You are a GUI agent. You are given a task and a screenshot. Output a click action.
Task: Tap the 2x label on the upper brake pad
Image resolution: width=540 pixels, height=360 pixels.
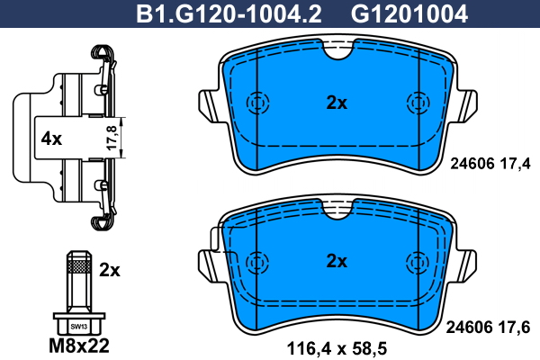[x=336, y=103]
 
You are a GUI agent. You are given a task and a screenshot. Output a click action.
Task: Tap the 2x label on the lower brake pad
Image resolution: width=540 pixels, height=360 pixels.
[x=336, y=261]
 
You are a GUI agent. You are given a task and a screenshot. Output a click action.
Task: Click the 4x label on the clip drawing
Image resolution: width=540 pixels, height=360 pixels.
[x=51, y=139]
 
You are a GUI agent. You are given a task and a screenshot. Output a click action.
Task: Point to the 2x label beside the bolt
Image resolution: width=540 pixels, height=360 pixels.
[x=109, y=269]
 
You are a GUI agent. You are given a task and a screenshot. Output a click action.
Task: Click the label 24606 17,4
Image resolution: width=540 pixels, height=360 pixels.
[x=490, y=163]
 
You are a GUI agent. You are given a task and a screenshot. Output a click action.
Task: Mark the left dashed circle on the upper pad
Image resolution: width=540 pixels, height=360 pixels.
[x=257, y=102]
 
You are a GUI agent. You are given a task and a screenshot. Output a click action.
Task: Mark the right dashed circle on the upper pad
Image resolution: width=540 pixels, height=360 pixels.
[x=415, y=102]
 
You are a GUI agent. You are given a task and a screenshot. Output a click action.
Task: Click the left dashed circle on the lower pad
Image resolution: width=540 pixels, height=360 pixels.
[x=257, y=260]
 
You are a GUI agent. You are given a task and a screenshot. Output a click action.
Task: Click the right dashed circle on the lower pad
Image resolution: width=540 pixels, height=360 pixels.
[x=415, y=260]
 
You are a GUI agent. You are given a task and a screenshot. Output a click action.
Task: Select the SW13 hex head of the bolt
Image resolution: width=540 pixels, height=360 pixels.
[x=79, y=325]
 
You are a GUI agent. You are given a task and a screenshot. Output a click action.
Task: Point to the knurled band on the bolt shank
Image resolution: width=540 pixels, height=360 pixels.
[x=79, y=266]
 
